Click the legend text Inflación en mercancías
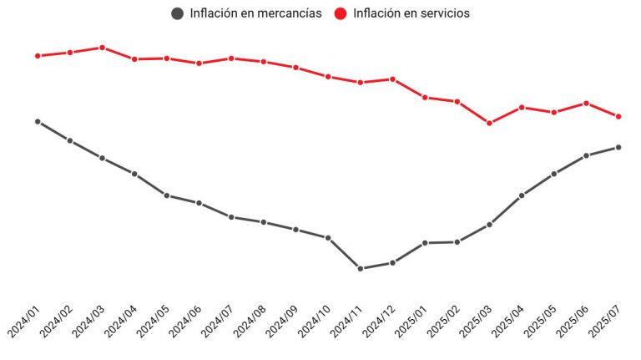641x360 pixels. [x=255, y=13]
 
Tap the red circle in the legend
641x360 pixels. [x=341, y=13]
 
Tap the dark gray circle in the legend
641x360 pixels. [x=177, y=13]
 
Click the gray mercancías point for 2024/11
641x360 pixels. [x=361, y=269]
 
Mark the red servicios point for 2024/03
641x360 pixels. [x=102, y=48]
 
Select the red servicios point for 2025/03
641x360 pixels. [x=489, y=123]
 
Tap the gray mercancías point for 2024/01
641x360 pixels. [x=38, y=122]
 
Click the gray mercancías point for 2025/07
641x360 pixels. [x=618, y=147]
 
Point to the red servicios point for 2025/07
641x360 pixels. [x=618, y=117]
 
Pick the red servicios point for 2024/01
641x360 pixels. [x=38, y=56]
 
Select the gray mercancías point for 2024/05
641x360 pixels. [x=167, y=195]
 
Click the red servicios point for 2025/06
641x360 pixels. [x=586, y=103]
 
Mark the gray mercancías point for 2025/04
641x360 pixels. [x=522, y=195]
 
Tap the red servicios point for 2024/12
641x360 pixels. [x=392, y=79]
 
